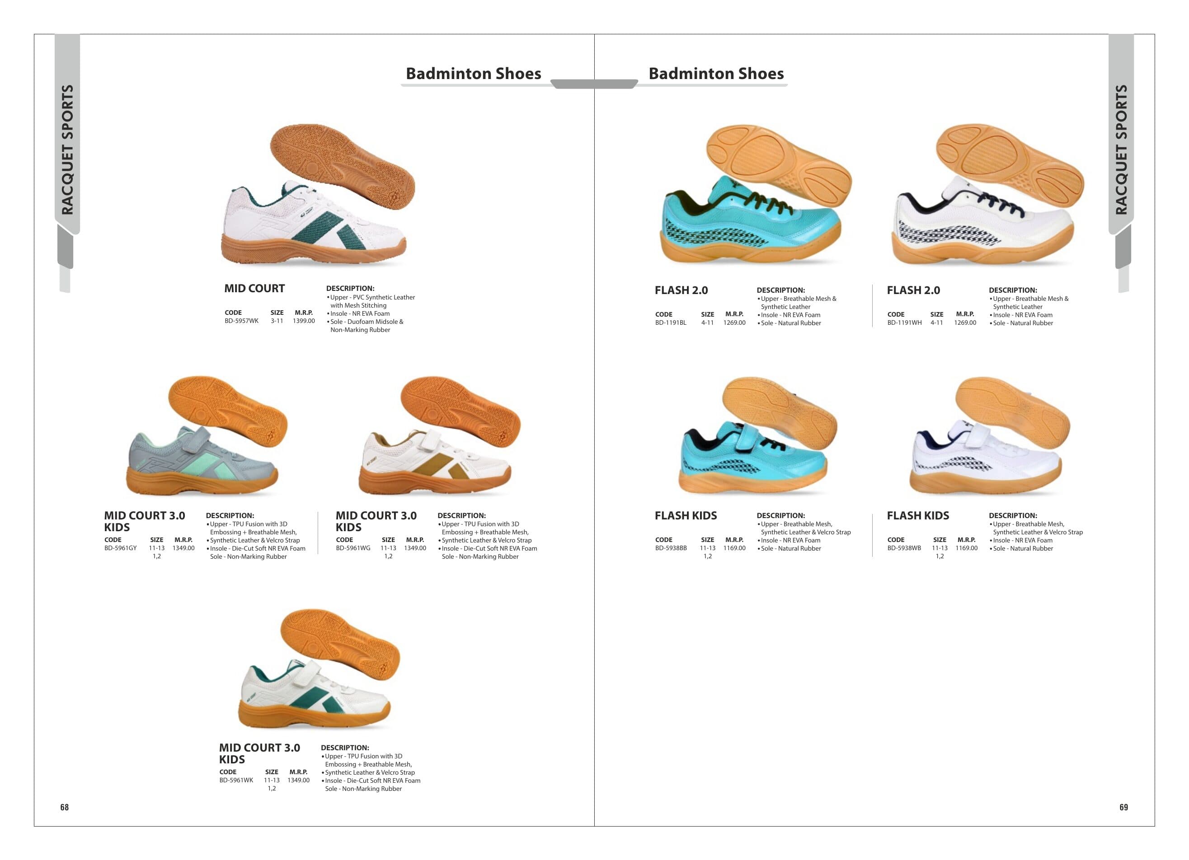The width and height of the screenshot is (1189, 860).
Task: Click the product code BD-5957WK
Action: tap(241, 321)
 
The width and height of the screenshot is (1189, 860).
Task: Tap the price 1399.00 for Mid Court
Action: tap(304, 321)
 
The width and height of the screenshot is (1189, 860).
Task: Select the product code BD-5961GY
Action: tap(121, 548)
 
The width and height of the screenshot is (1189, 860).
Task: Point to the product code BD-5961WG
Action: tap(353, 548)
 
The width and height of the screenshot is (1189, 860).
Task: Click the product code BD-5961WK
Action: tap(236, 781)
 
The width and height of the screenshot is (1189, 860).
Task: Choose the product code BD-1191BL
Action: tap(671, 323)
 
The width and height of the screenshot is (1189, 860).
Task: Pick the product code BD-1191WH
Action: tap(904, 323)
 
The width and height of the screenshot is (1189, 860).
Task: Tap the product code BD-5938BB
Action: tap(671, 548)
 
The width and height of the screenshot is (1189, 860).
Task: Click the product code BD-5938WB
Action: tap(904, 548)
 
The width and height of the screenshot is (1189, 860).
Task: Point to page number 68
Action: tap(65, 807)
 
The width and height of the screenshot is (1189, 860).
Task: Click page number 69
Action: tap(1123, 807)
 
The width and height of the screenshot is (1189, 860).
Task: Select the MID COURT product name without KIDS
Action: tap(254, 288)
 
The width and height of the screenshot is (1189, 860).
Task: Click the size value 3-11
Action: tap(277, 321)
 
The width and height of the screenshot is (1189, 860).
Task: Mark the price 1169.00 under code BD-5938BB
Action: tap(734, 548)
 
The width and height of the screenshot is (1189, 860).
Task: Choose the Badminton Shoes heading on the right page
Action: tap(716, 73)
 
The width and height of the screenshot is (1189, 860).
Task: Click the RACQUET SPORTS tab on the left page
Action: tap(67, 150)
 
